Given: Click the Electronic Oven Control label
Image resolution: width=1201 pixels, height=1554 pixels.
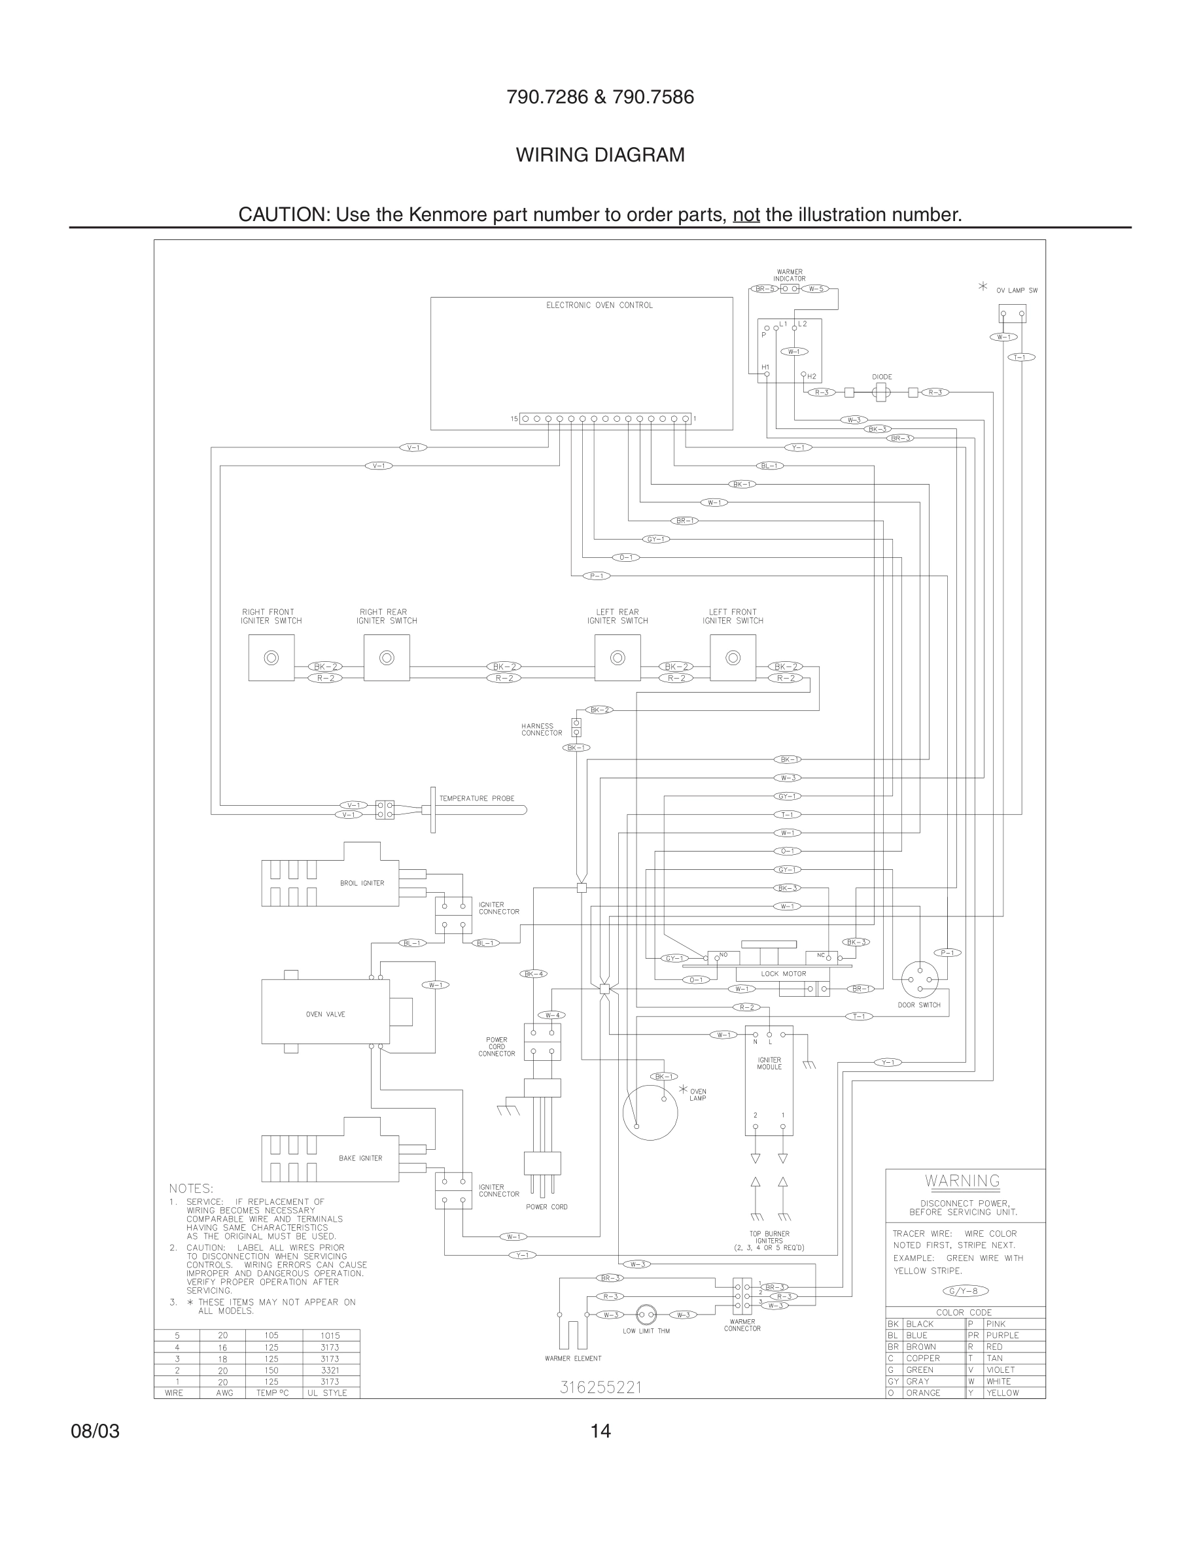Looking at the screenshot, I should [x=599, y=305].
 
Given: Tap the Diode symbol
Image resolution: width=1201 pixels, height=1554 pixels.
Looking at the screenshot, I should [x=882, y=392].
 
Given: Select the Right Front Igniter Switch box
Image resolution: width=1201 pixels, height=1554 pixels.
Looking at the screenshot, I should [x=271, y=657].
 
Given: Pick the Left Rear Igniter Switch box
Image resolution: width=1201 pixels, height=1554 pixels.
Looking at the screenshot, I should [x=617, y=657].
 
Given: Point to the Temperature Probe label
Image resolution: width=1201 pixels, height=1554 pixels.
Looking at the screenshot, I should [x=476, y=799].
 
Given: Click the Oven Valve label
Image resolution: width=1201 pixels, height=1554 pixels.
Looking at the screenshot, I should [x=325, y=1014].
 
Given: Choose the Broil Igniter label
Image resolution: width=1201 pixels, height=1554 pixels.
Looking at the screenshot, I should [x=362, y=883].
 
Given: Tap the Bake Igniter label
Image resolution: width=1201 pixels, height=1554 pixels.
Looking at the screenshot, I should [x=360, y=1158].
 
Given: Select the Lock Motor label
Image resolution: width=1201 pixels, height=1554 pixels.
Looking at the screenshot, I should [x=784, y=973].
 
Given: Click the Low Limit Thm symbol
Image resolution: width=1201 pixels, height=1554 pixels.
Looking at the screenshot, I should [x=646, y=1314].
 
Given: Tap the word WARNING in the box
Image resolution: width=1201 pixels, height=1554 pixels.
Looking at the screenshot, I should [x=962, y=1181].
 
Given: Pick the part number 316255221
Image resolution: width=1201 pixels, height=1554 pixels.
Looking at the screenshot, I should [x=600, y=1387].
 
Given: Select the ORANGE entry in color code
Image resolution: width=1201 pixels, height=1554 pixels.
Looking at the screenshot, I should [x=923, y=1392].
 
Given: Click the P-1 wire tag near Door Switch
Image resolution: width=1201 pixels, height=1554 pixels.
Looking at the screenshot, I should [x=947, y=953].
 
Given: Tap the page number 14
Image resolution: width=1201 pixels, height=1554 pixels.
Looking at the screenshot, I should [x=600, y=1431].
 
